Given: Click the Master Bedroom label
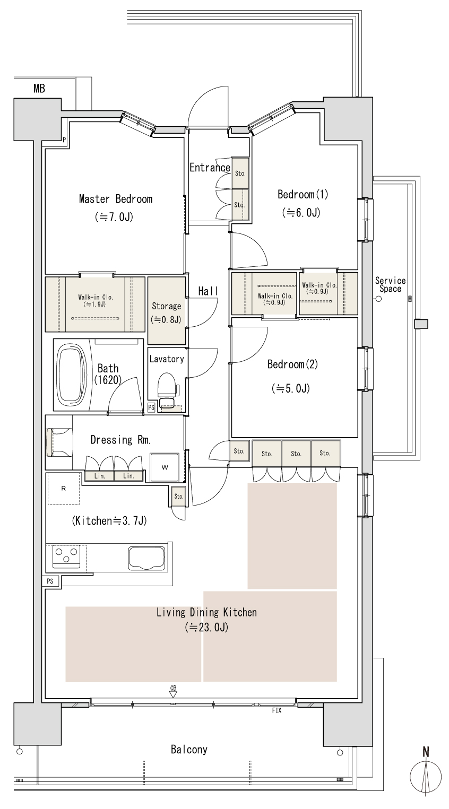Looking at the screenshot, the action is point(116,199).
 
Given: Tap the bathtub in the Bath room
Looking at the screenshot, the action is point(72,374).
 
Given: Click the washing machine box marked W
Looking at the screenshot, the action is point(165,467).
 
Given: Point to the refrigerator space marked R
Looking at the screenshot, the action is point(64,489).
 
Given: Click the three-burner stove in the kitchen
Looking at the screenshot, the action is point(66,556).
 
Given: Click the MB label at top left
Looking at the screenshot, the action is point(39,88).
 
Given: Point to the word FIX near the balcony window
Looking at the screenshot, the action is point(277,710).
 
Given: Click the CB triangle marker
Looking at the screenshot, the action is point(174,694).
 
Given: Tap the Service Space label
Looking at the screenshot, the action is point(390,284).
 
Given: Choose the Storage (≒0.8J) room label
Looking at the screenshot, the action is point(167,313).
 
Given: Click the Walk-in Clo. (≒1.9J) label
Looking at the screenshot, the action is point(96,300).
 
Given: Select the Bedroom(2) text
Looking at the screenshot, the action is point(292,364).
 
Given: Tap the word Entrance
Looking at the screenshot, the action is point(210,168).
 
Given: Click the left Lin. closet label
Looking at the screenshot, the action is point(99,476).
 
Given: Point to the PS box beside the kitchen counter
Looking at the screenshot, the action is point(50,581).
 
